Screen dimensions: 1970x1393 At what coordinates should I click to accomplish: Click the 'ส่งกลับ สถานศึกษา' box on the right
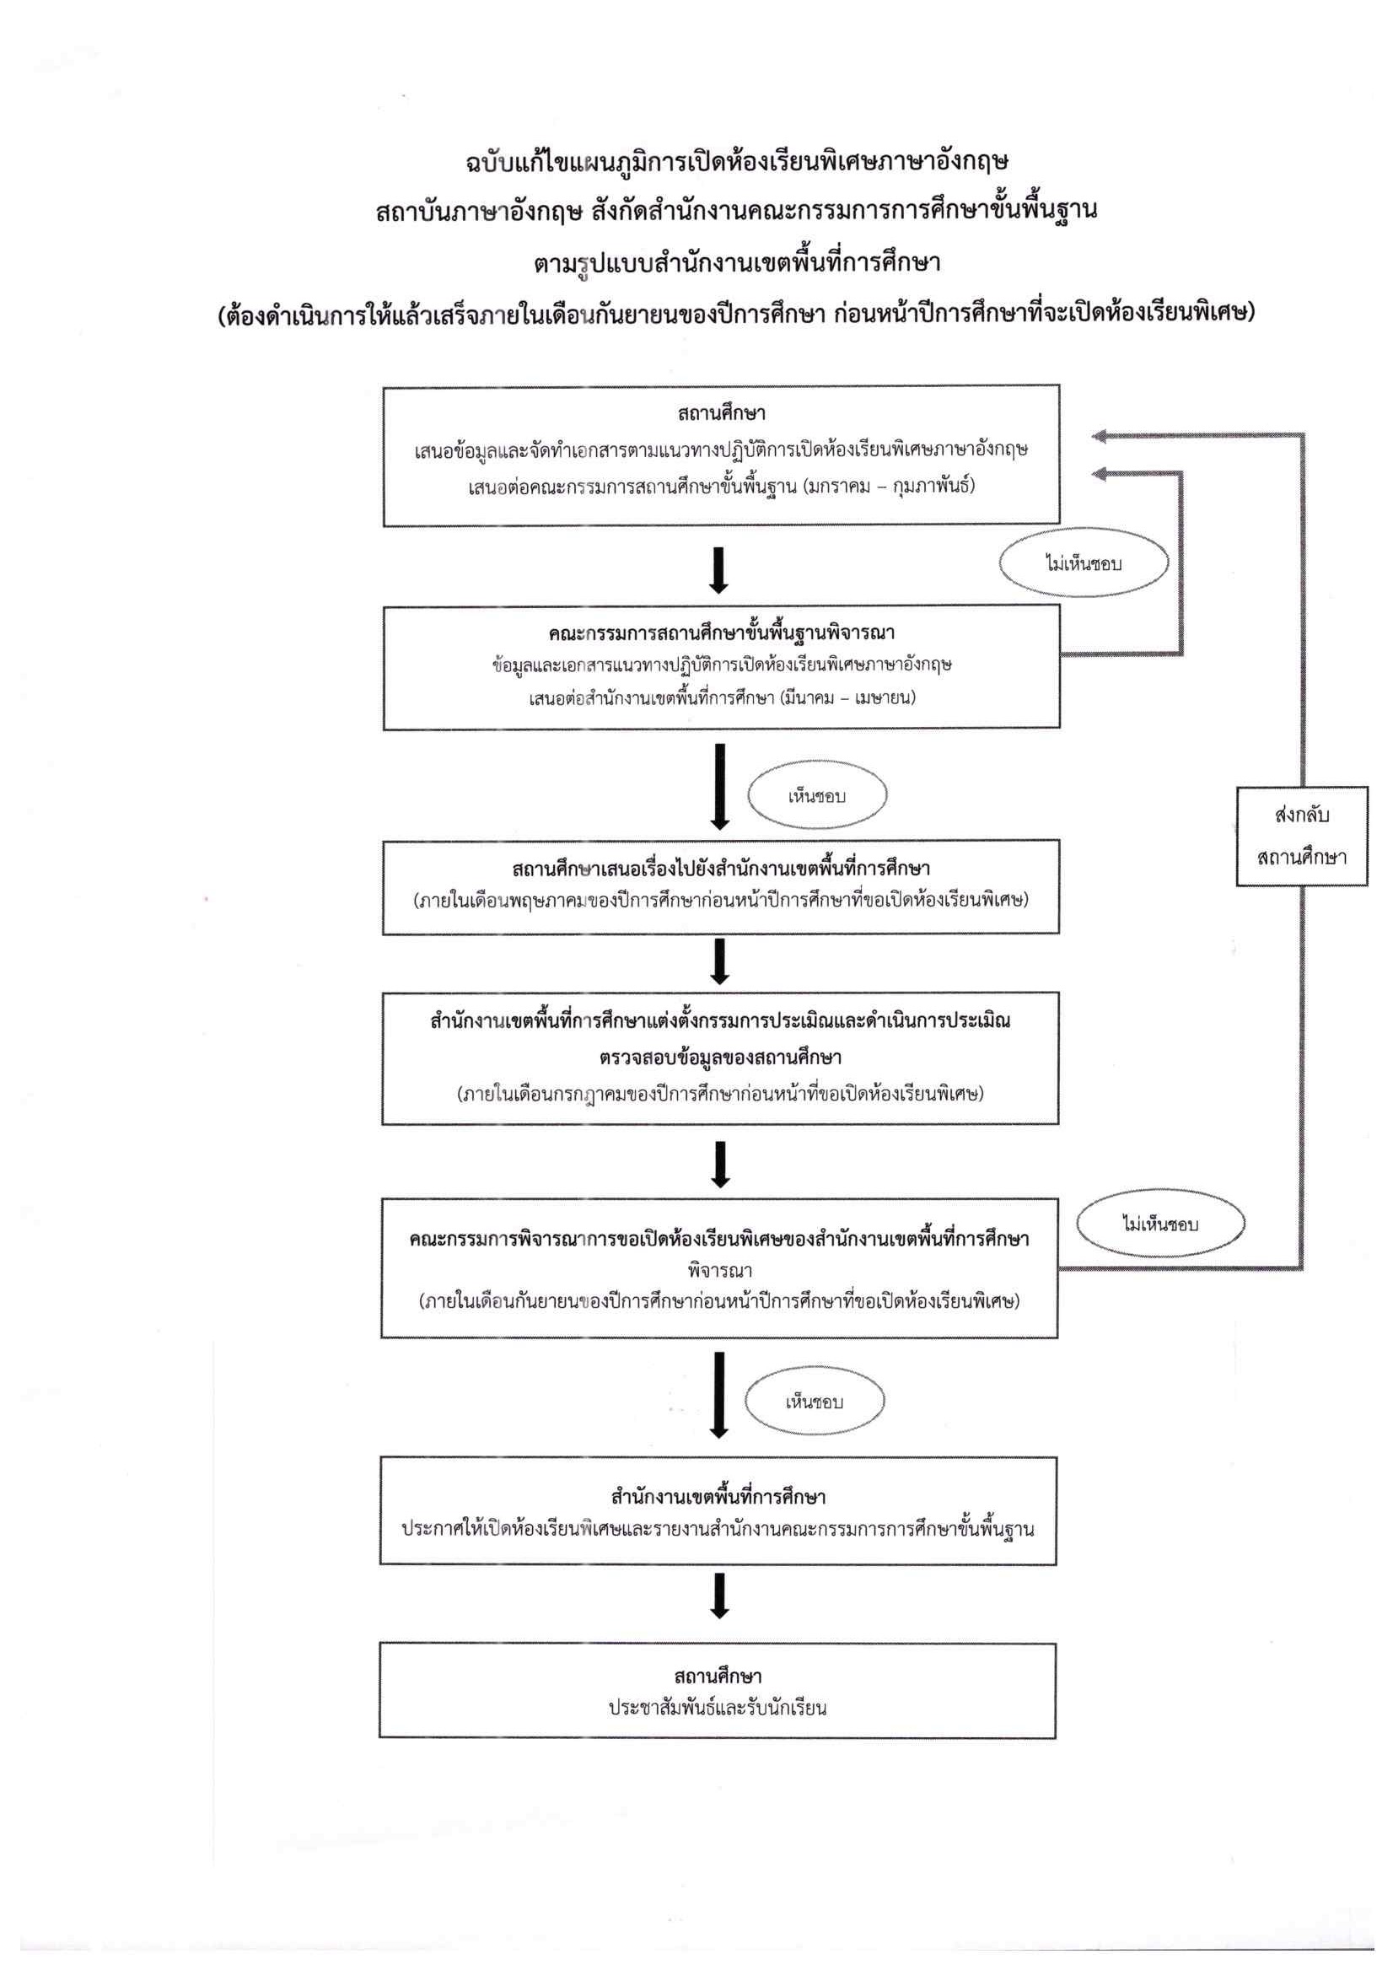1301,836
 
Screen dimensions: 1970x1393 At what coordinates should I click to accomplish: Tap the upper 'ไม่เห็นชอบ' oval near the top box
1084,563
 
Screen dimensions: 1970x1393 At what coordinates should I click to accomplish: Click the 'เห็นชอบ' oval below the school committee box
816,796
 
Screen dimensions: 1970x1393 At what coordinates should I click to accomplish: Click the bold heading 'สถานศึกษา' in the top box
720,413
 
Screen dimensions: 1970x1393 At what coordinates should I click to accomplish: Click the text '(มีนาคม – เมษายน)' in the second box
847,697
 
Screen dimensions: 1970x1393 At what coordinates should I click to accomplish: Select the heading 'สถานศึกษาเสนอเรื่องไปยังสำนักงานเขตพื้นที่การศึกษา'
720,869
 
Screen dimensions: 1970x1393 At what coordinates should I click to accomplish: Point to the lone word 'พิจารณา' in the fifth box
719,1269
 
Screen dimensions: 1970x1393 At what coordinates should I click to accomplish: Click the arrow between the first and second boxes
718,568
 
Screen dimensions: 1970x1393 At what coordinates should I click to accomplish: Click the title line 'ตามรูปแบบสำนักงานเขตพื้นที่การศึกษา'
737,261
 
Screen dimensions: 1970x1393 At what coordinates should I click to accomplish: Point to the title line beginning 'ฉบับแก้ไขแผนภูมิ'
737,161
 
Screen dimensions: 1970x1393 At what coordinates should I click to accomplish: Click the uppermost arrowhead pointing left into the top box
1100,436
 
